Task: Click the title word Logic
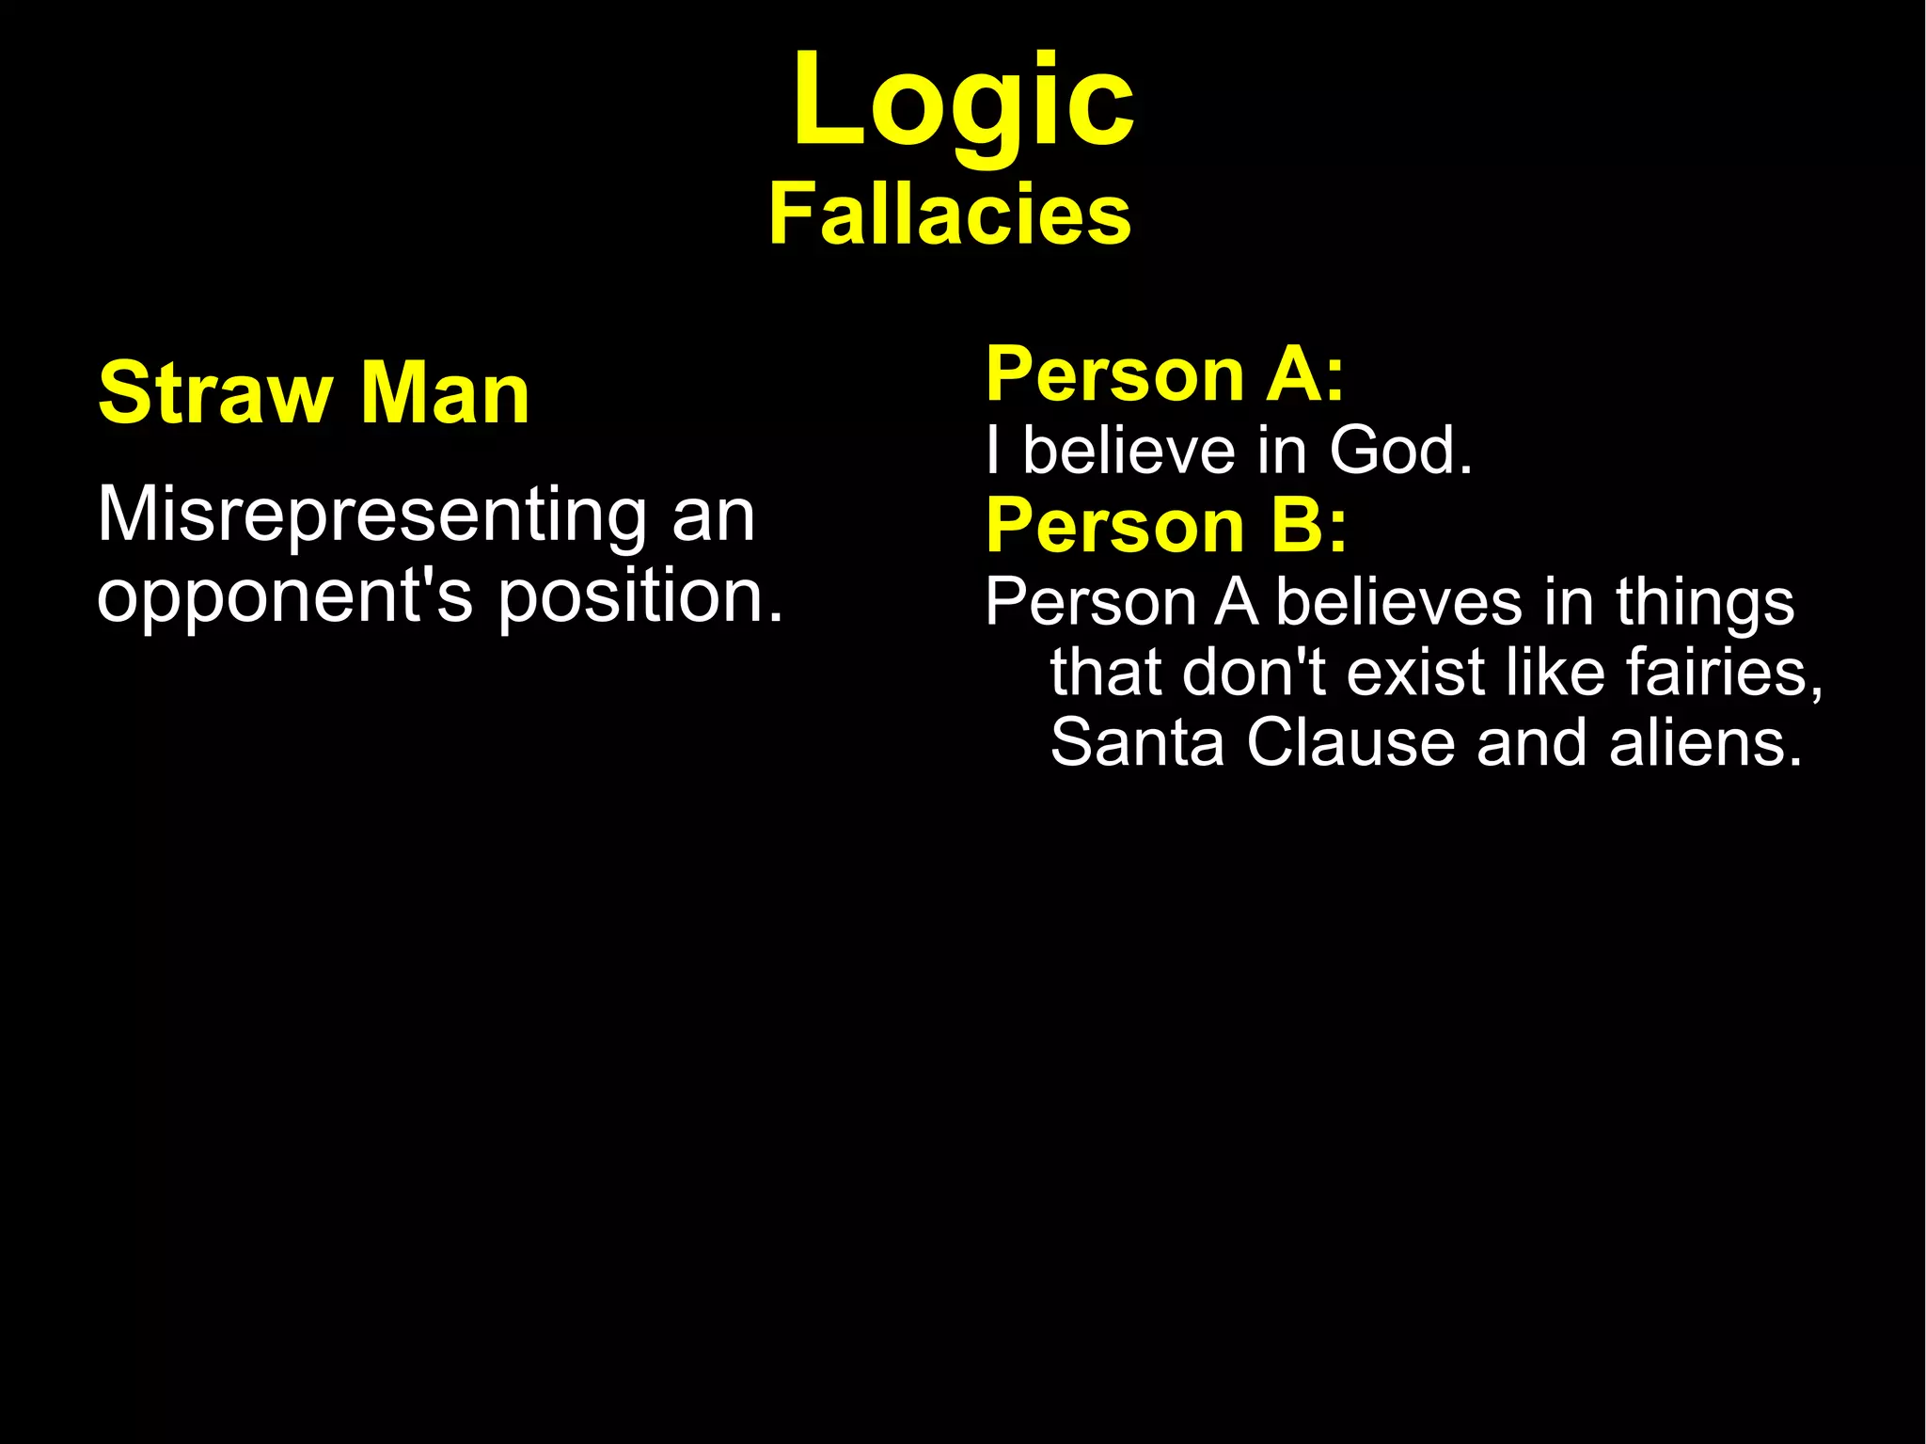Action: [963, 102]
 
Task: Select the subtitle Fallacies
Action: [950, 214]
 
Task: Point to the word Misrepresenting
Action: [371, 516]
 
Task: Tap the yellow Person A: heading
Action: [1165, 374]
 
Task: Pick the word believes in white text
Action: [1397, 602]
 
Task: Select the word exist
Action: [1416, 673]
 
